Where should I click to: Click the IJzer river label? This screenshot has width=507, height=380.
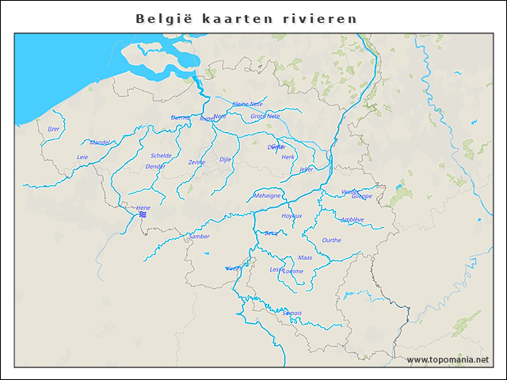tap(54, 128)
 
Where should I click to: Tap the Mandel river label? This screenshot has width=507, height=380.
tap(101, 142)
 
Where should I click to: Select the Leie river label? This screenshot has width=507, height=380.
tap(82, 157)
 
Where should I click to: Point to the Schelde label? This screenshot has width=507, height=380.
tap(161, 156)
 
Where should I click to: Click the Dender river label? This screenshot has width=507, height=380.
tap(156, 166)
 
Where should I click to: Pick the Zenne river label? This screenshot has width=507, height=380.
tap(196, 162)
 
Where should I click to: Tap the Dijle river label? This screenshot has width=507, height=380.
tap(226, 159)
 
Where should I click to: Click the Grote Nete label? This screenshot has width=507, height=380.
tap(265, 116)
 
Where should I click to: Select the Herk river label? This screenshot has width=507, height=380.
tap(288, 157)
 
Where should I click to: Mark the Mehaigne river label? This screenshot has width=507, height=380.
tap(267, 195)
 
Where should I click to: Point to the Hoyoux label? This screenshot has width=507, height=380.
tap(292, 215)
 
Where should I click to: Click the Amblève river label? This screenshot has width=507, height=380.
tap(352, 219)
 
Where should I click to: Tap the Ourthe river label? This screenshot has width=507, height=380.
tap(332, 240)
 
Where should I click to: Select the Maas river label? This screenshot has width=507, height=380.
tap(305, 258)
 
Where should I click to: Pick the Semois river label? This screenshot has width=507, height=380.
tap(292, 313)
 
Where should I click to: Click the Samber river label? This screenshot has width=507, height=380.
tap(200, 236)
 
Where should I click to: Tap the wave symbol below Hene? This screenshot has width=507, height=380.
tap(143, 215)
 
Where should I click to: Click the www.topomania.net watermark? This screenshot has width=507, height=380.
tap(448, 360)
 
